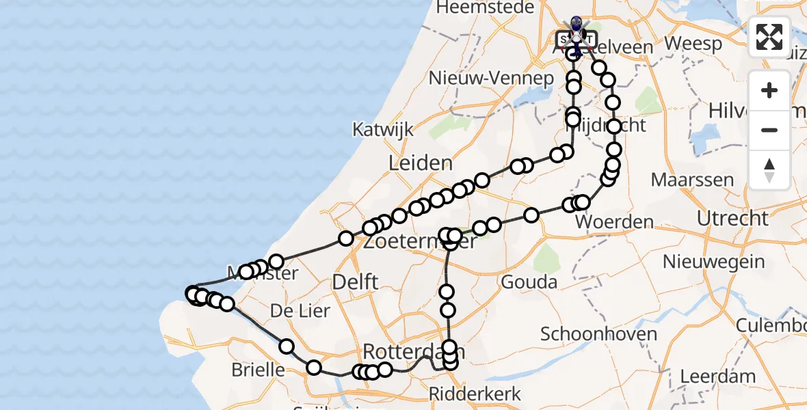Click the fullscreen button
tap(769, 37)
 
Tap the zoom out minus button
tap(769, 130)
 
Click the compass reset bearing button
tap(769, 170)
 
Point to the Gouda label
tap(529, 282)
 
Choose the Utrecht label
tap(732, 219)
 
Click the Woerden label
tap(615, 222)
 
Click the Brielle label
tap(259, 370)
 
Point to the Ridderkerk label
tap(475, 394)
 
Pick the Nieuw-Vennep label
tap(491, 78)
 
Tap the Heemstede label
tap(479, 8)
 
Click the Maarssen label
tap(692, 180)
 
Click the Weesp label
tap(693, 44)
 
